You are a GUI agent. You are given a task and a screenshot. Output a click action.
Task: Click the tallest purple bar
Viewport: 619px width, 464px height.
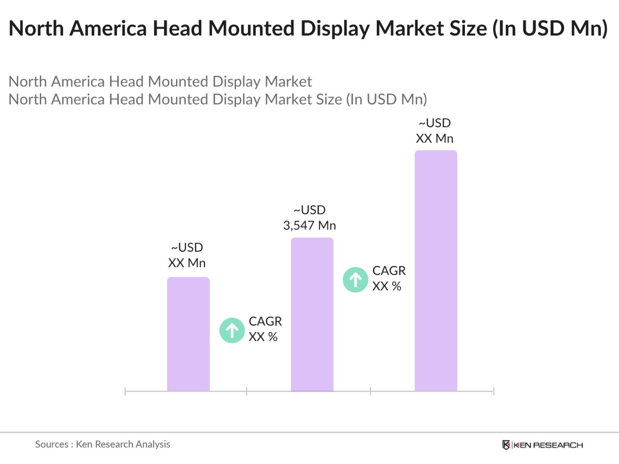click(x=436, y=271)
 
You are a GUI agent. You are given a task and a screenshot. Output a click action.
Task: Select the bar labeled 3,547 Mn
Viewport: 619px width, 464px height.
click(x=312, y=314)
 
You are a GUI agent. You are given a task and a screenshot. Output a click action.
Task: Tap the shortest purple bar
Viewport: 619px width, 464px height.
click(x=188, y=334)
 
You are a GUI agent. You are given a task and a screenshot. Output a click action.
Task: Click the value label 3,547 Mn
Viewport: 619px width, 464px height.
click(x=309, y=225)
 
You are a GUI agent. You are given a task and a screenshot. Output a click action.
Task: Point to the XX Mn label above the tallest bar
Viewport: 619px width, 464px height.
click(x=434, y=138)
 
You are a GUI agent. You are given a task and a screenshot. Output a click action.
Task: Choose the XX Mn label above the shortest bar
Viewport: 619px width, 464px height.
click(x=186, y=263)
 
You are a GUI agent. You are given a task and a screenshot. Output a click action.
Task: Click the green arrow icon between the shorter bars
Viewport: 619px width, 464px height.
click(x=232, y=330)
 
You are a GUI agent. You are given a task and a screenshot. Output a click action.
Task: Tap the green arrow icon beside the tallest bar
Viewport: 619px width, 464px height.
click(x=356, y=280)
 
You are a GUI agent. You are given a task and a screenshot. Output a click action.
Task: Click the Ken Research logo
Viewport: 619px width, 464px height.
click(x=542, y=445)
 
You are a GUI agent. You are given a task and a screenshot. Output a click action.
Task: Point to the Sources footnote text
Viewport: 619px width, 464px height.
click(x=103, y=444)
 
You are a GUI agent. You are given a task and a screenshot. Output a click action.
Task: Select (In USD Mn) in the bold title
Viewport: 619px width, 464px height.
click(x=550, y=29)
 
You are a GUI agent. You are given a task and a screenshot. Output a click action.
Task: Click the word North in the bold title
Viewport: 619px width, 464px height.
click(x=36, y=29)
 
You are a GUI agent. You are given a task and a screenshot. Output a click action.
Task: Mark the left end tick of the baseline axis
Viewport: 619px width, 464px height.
click(x=125, y=391)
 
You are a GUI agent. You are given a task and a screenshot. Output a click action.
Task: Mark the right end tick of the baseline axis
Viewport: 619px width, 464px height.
click(x=494, y=391)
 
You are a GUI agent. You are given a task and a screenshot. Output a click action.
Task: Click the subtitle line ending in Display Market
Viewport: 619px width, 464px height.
click(x=160, y=81)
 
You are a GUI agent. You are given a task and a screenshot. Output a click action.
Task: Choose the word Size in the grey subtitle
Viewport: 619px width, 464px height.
click(x=329, y=99)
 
